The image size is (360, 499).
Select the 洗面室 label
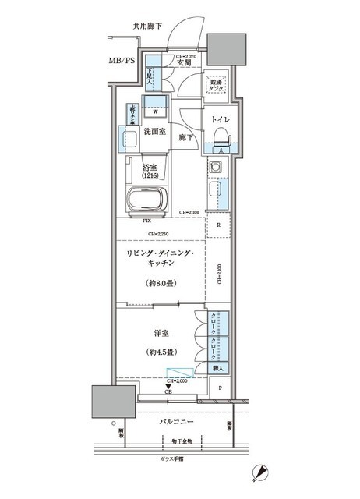click(154, 132)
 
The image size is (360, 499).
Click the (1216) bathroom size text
click(152, 176)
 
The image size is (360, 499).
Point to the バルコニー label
click(170, 422)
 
